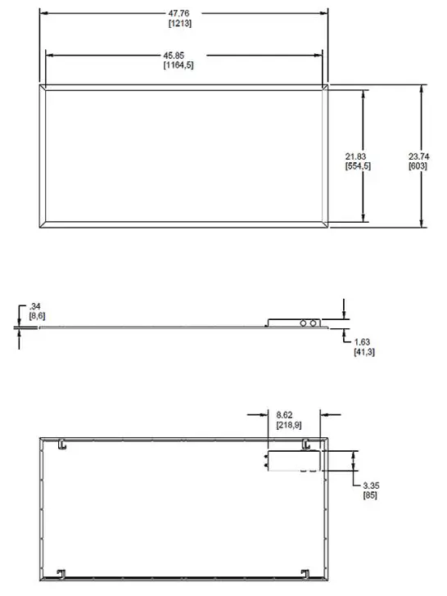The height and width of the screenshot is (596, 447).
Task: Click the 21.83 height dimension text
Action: coord(356,156)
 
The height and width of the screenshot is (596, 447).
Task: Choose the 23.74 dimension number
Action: coord(418,156)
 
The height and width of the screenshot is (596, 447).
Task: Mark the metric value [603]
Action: coord(418,165)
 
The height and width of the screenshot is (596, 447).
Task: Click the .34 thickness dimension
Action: coord(34,306)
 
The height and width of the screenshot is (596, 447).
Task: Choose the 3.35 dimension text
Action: coord(372,486)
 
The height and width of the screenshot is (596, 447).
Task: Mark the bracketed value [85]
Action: coord(372,496)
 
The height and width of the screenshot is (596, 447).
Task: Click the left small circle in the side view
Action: coord(304,324)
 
